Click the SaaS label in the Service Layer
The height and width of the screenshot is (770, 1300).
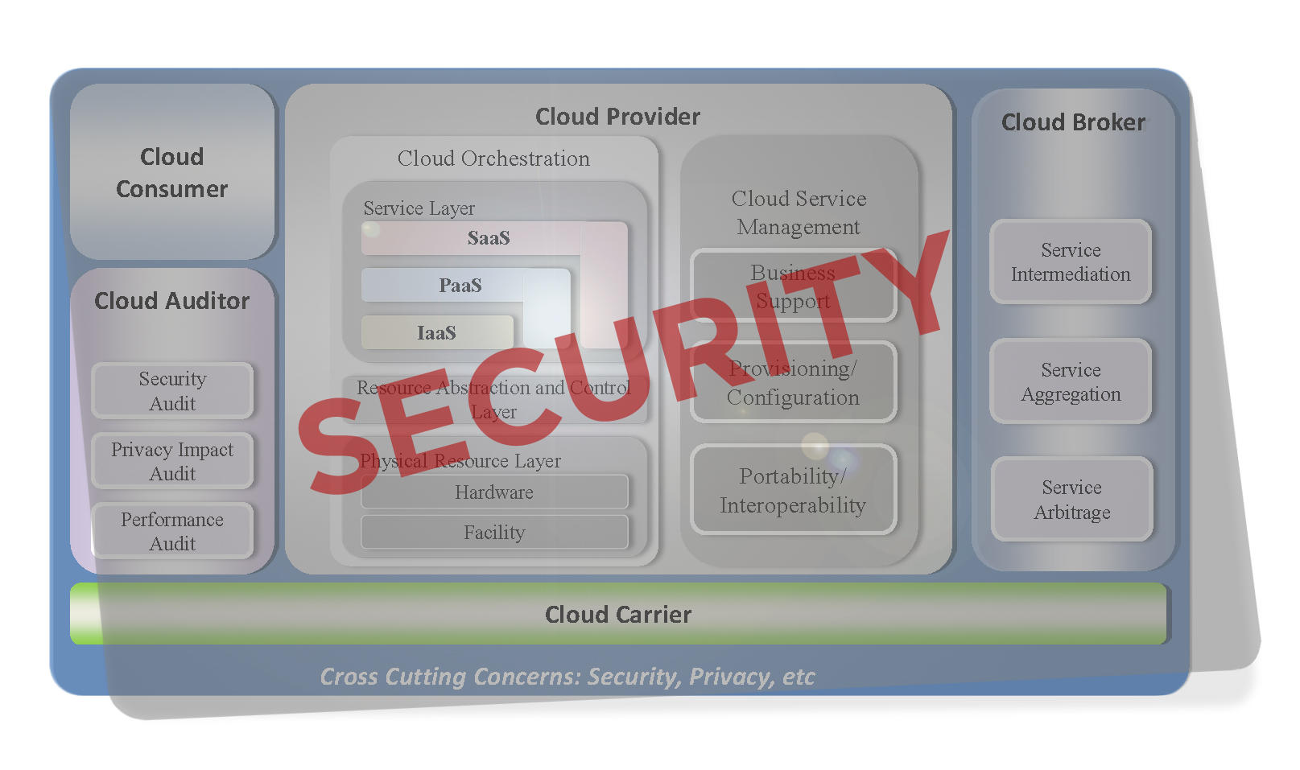489,238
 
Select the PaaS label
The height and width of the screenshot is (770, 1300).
460,286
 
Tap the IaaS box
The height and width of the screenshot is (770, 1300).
437,332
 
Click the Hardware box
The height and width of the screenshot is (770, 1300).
494,492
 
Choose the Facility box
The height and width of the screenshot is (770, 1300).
494,532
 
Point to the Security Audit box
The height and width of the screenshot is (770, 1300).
172,391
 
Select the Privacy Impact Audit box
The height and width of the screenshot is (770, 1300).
172,461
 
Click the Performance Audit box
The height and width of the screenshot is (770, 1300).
172,531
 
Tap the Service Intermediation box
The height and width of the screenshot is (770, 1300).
1071,261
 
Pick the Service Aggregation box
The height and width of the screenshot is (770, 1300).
1071,381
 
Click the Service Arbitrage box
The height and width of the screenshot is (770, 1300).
1072,500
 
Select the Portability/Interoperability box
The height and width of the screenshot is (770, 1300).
794,490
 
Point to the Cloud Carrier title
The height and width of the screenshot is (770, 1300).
618,615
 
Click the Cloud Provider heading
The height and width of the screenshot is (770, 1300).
617,117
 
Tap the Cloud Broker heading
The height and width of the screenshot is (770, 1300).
1073,122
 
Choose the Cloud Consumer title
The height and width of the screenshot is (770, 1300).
171,173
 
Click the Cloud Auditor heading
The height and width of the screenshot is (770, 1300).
171,301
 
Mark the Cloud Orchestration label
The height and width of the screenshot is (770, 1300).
493,159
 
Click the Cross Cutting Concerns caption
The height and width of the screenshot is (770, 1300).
567,677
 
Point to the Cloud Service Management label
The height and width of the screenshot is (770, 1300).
799,212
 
